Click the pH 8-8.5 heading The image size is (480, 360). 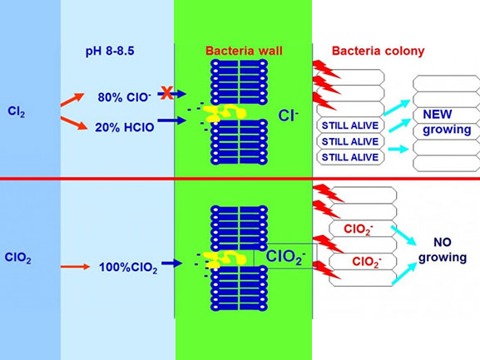(x=110, y=51)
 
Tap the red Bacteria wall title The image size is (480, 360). (x=244, y=51)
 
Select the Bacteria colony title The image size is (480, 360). (x=378, y=51)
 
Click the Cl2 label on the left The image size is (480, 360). (x=17, y=111)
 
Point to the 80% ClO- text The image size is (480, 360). (x=124, y=97)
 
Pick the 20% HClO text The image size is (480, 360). (x=125, y=127)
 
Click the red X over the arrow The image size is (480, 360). (x=167, y=93)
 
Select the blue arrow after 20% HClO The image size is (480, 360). (x=172, y=121)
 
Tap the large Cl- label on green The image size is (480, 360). (x=288, y=116)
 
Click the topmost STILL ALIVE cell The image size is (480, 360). (x=350, y=126)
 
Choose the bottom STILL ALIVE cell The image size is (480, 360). (x=350, y=157)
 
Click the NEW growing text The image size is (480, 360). (x=447, y=122)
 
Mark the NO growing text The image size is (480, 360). (x=443, y=249)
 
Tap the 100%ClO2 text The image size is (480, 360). (x=128, y=268)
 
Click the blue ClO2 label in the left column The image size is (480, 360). (x=17, y=258)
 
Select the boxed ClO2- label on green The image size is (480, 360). (x=285, y=256)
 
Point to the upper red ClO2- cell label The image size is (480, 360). (x=359, y=229)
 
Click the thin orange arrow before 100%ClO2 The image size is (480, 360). (x=76, y=267)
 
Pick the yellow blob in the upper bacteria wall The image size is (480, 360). (x=225, y=113)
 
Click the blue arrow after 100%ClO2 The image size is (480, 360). (x=172, y=263)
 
